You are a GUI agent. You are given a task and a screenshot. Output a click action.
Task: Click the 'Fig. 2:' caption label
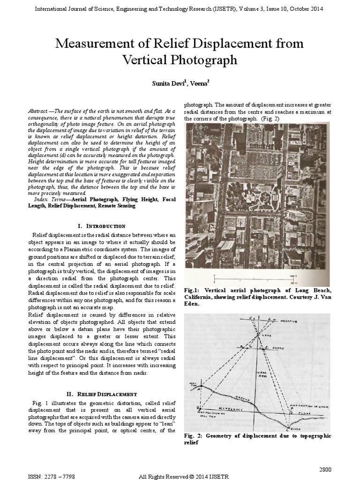pos(194,435)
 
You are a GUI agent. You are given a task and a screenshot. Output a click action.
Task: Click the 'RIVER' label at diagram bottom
pos(294,427)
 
